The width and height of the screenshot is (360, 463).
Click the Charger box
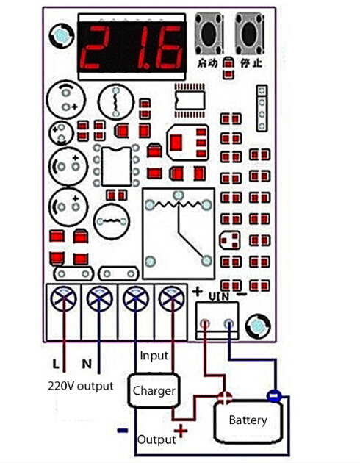coord(154,390)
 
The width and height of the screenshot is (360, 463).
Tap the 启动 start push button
coord(209,33)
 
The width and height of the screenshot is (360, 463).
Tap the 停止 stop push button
coord(249,33)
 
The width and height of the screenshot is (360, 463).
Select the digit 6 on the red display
coord(166,47)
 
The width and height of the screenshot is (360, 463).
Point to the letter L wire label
coord(56,364)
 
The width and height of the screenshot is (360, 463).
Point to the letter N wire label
coord(87,364)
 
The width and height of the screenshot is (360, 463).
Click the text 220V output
coord(81,386)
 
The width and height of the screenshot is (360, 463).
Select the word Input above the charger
coord(154,356)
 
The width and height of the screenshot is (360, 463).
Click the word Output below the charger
coord(156,439)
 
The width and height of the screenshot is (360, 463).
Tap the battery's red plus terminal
coord(225,398)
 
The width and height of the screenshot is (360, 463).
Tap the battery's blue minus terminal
coord(275,396)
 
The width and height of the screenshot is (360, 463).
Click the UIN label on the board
coord(219,296)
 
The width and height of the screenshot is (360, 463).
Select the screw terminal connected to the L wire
coord(64,298)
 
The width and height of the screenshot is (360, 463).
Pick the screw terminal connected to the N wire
coord(99,298)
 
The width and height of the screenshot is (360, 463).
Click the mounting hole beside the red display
coord(62,36)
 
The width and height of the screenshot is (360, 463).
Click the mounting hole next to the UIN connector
coord(258,326)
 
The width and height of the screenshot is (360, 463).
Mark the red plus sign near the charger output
coord(181,431)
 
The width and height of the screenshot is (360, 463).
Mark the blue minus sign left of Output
coord(123,431)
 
